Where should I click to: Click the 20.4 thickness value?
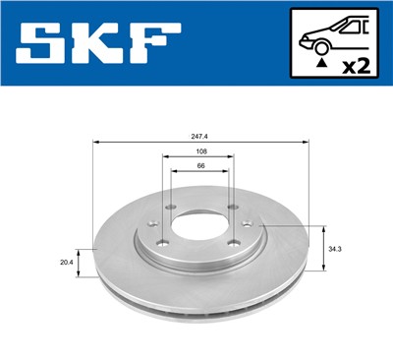(66, 263)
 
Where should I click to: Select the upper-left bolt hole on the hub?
(169, 208)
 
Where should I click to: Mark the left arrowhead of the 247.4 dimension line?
(95, 142)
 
